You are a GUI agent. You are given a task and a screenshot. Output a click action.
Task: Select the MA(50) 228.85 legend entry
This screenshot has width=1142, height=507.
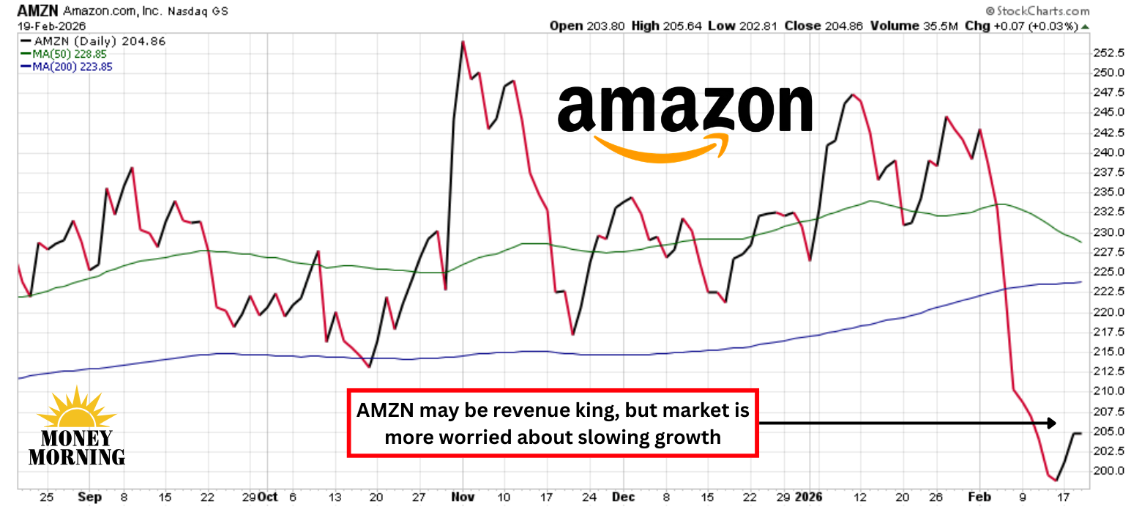pos(68,53)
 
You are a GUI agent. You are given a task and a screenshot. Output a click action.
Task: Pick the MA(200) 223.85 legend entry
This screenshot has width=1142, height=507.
pos(71,66)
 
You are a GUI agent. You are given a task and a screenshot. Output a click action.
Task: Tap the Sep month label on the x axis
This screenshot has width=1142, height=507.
pos(89,497)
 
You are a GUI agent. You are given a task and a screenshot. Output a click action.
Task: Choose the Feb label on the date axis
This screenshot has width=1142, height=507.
pos(979,497)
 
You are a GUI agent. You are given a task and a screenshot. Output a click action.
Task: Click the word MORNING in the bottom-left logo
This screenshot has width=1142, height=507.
pos(77,456)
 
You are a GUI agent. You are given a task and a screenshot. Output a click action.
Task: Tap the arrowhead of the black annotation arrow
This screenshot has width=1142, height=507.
pos(1051,423)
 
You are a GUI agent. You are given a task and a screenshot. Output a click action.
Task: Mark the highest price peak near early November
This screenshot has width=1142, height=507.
pos(463,42)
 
